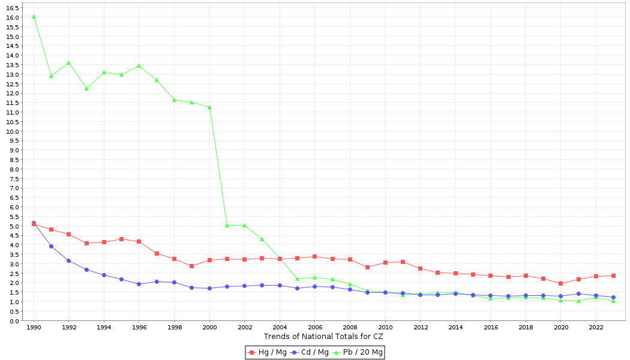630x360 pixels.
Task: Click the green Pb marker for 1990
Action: pos(34,16)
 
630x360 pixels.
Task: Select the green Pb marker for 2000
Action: pos(209,107)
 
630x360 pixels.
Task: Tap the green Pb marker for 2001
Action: pos(227,225)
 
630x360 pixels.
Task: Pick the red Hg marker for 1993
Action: pos(86,243)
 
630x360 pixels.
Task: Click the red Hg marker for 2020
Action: pos(560,283)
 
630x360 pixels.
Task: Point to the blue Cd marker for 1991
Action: pos(51,246)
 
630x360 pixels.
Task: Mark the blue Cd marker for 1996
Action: pos(139,284)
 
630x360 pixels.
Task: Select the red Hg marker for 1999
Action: pos(191,266)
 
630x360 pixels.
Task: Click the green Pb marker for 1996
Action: pos(139,65)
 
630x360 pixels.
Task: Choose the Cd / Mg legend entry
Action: pos(310,352)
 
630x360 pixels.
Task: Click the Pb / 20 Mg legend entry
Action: pos(358,352)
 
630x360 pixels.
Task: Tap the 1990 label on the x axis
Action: pos(34,327)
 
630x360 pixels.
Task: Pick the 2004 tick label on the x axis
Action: pos(280,327)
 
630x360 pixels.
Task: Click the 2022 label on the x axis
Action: pos(596,327)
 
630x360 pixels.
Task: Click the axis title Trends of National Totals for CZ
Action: pos(323,337)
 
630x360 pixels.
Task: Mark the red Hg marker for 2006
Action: pos(314,256)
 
